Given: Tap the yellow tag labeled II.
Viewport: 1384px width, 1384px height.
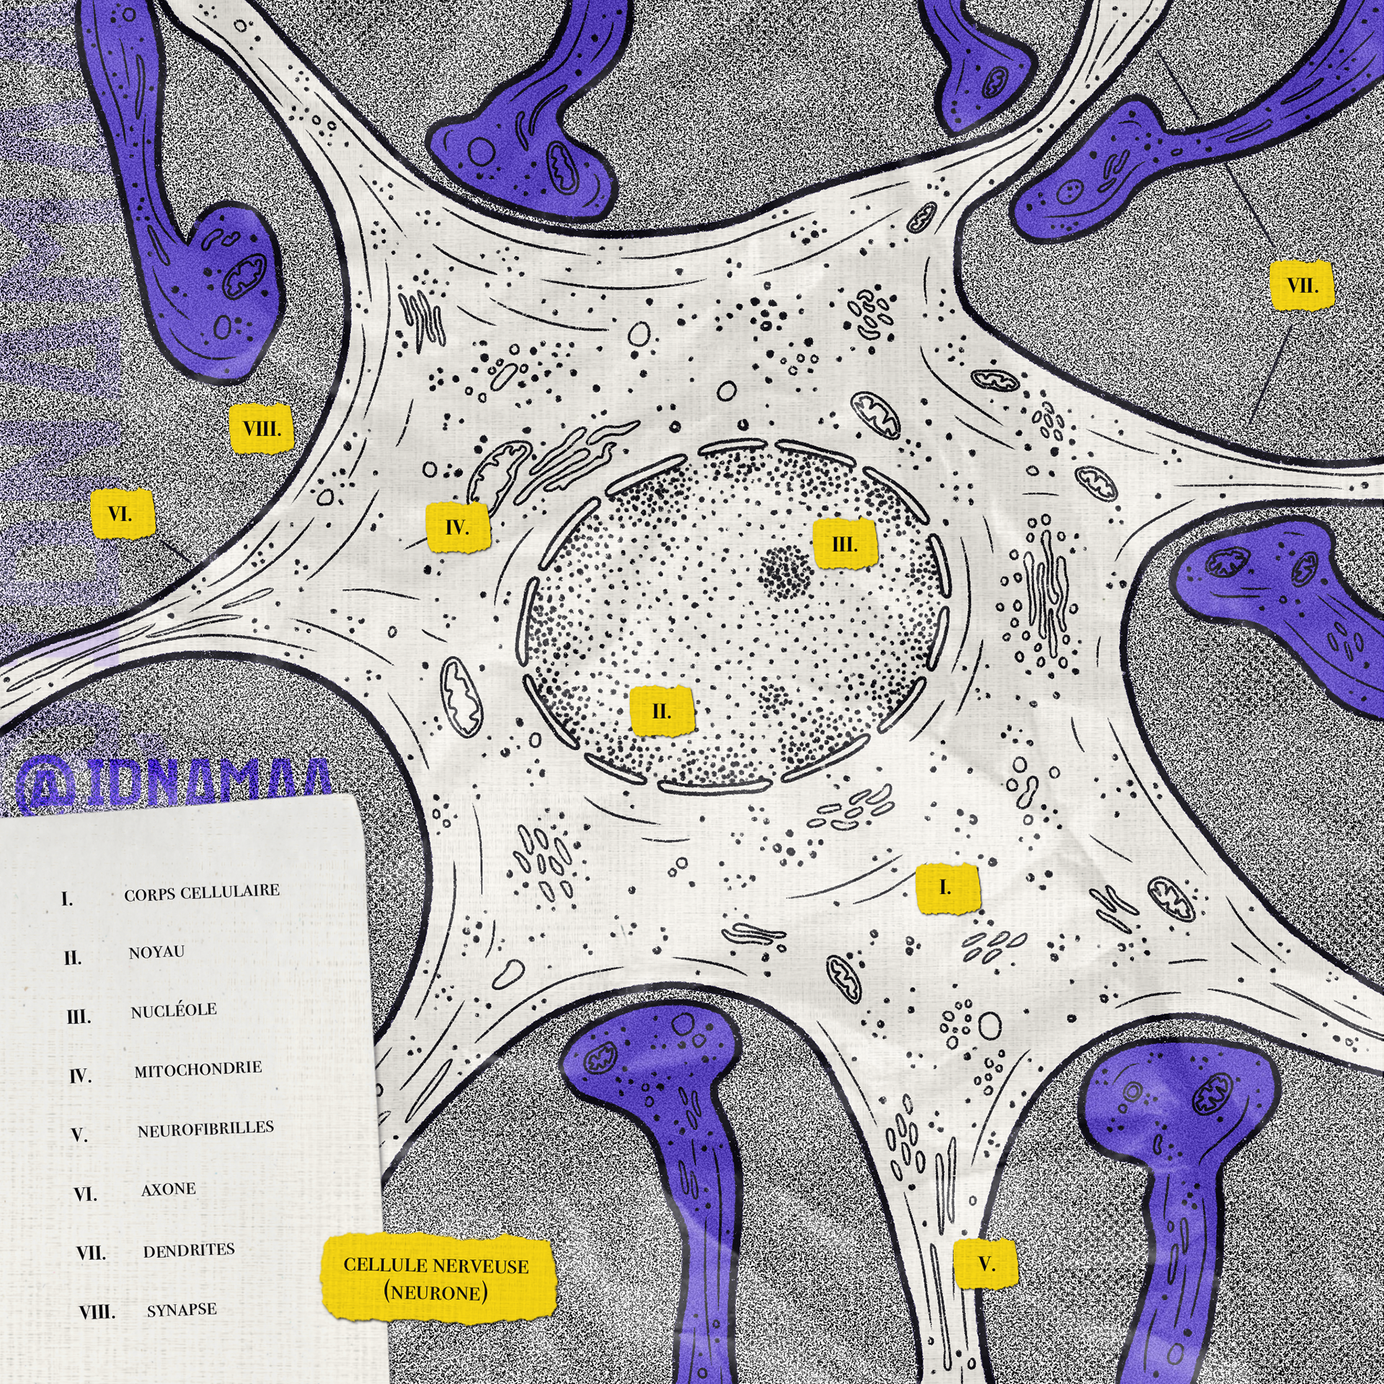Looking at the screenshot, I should [x=661, y=711].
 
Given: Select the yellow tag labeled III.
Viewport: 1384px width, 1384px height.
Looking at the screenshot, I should [x=845, y=544].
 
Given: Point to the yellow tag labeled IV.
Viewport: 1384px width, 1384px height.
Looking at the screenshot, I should [x=458, y=528].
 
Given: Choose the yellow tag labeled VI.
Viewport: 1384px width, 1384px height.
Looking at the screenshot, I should [x=122, y=514].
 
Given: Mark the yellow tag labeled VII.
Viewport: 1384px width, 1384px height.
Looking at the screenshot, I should [x=1302, y=285].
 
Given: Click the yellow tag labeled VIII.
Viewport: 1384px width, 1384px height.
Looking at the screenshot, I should [x=261, y=430].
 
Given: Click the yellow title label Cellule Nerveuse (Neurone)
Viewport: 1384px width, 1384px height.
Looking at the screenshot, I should [x=436, y=1279].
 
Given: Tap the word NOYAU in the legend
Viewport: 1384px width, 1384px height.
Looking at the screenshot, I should [x=156, y=953].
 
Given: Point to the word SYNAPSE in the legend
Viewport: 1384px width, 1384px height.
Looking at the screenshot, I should [x=182, y=1310].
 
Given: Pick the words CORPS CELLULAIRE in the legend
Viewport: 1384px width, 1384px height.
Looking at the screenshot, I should [x=202, y=893].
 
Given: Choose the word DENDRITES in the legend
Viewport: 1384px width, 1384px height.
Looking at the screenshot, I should [x=189, y=1251].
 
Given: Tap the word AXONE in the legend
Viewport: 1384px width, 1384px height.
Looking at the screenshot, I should [x=168, y=1190].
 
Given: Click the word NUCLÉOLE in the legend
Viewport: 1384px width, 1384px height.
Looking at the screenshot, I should [x=173, y=1011].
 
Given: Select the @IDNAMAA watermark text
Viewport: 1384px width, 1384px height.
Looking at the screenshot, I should [x=173, y=782].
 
